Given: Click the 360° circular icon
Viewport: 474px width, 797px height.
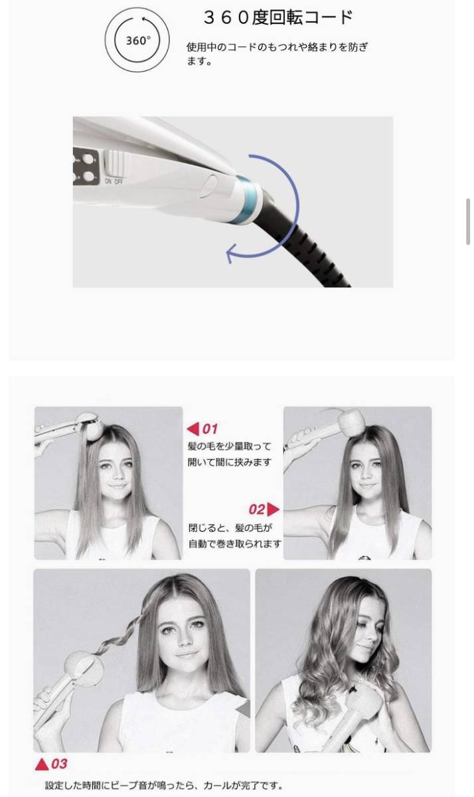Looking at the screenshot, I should pyautogui.click(x=138, y=40).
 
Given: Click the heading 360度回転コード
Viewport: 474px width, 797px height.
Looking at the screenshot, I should pyautogui.click(x=277, y=18).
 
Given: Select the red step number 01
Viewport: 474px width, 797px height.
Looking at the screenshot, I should pyautogui.click(x=210, y=429).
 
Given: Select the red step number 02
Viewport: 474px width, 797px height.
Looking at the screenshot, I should pyautogui.click(x=257, y=509).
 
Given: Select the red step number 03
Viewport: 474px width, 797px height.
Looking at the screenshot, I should pyautogui.click(x=59, y=764).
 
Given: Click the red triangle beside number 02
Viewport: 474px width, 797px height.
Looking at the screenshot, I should pyautogui.click(x=273, y=509).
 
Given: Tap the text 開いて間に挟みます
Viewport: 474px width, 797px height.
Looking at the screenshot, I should pyautogui.click(x=229, y=462).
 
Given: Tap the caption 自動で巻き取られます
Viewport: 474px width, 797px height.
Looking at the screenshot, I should pyautogui.click(x=234, y=543).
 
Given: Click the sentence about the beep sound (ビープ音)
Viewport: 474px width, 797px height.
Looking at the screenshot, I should pyautogui.click(x=163, y=786).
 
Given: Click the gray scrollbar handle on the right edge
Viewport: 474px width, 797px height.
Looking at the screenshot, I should pyautogui.click(x=469, y=222).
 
